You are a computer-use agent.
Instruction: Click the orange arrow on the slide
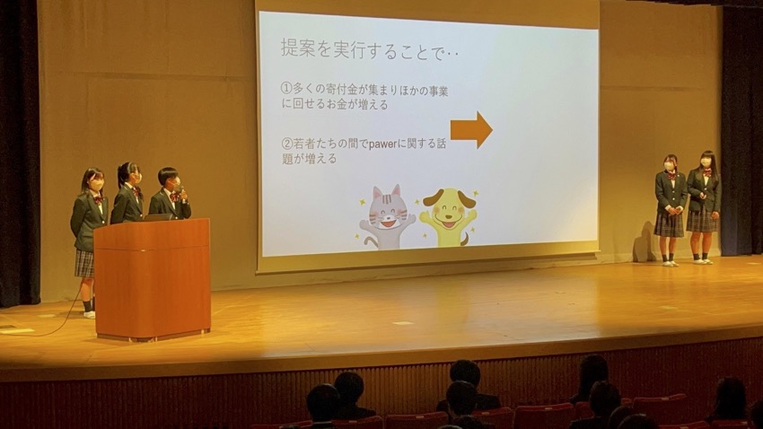pos(471,129)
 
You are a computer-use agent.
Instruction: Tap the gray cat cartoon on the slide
pos(387,217)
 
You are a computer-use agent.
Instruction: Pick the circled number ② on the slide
pos(286,144)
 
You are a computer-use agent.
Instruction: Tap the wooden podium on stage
pos(153,279)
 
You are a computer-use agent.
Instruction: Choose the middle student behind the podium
pos(127,193)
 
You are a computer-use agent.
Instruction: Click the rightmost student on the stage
pos(703,206)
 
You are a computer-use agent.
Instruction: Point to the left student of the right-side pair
pos(670,210)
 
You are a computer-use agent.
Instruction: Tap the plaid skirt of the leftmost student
pos(84,264)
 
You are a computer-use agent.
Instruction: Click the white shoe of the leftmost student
pos(90,314)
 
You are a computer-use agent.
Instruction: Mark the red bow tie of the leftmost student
pos(99,198)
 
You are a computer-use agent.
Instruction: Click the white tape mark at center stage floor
pos(402,322)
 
